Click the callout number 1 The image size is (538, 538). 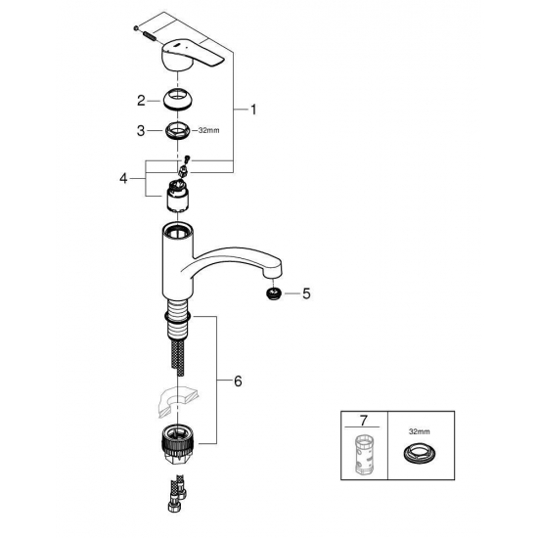[x=253, y=111]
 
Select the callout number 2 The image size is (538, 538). [x=142, y=100]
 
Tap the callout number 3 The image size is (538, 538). [x=142, y=130]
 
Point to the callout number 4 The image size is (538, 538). [x=123, y=178]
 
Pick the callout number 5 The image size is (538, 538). [x=307, y=292]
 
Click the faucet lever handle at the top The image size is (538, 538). [x=195, y=56]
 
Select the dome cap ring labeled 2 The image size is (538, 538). [x=178, y=100]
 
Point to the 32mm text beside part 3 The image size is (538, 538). [x=208, y=130]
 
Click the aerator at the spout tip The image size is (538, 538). [x=276, y=293]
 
